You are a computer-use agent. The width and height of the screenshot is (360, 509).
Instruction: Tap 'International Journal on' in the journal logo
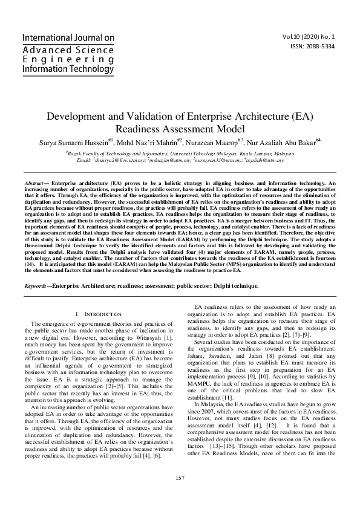coord(68,37)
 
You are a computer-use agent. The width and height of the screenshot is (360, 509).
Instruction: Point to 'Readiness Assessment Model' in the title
coord(180,129)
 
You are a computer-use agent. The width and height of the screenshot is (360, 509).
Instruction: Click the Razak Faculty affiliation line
coord(180,154)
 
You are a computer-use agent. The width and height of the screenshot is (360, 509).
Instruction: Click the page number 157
coord(180,478)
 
